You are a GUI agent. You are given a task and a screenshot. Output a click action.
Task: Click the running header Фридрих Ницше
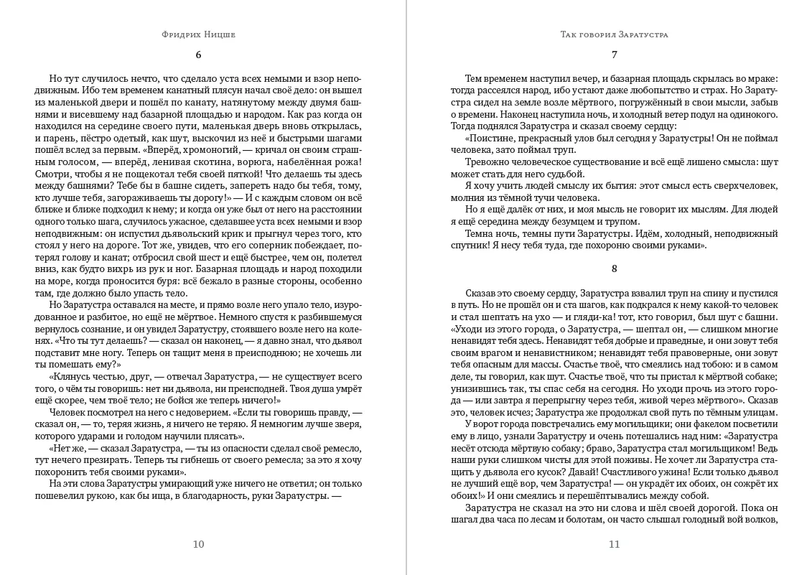click(199, 34)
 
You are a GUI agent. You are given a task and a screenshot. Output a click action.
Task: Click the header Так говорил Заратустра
click(614, 34)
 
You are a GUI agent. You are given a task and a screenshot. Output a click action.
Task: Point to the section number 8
click(614, 269)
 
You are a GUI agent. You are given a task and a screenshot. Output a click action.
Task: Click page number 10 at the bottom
click(199, 543)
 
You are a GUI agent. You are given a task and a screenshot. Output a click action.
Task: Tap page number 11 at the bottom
click(614, 543)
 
